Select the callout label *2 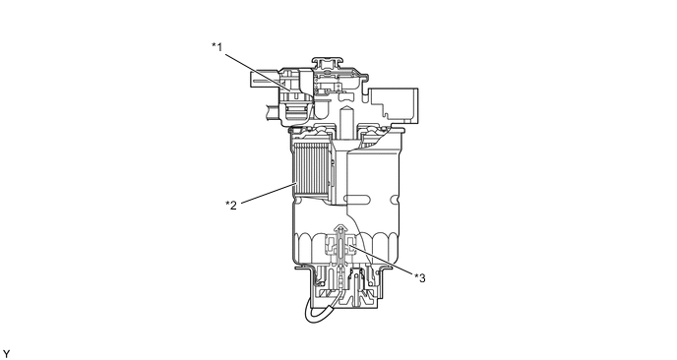click(231, 205)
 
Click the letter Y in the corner click(7, 351)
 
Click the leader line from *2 click(267, 193)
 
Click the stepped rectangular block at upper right click(396, 103)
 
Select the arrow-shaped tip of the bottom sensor click(339, 232)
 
